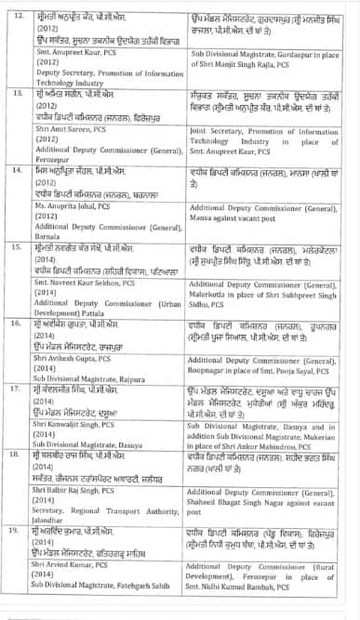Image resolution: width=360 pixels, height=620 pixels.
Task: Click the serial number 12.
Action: point(16,7)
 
